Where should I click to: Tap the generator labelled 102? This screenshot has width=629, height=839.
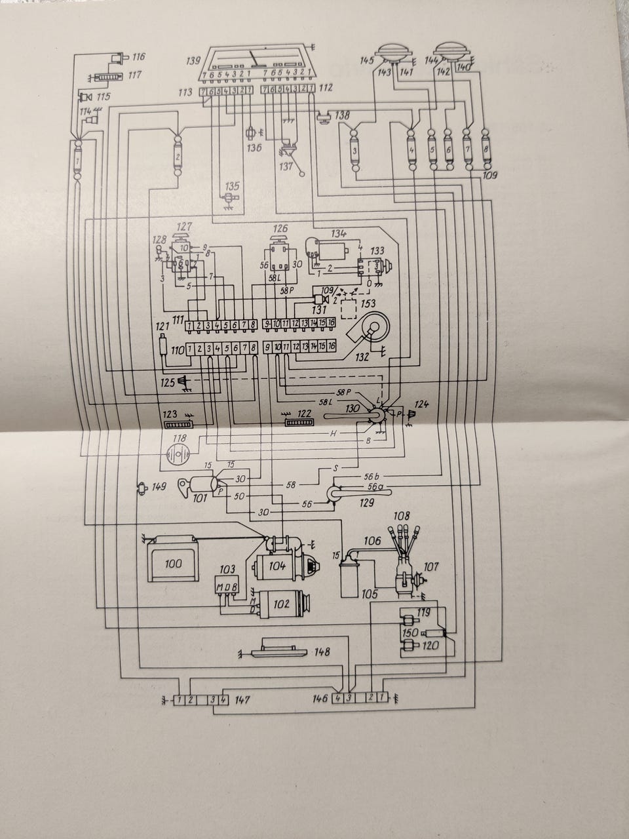[280, 604]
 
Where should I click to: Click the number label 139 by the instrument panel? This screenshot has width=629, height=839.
[193, 60]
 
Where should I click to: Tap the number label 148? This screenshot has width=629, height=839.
[322, 652]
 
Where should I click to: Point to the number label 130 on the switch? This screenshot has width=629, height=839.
[353, 408]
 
